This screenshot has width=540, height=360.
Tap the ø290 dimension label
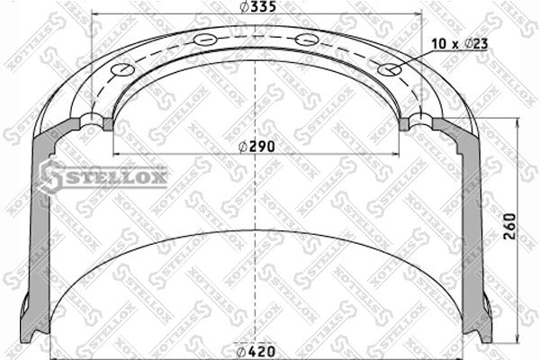coord(257,146)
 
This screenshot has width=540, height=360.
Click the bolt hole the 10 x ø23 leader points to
coord(390,69)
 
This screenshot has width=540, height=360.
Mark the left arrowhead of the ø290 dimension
coord(113,154)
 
